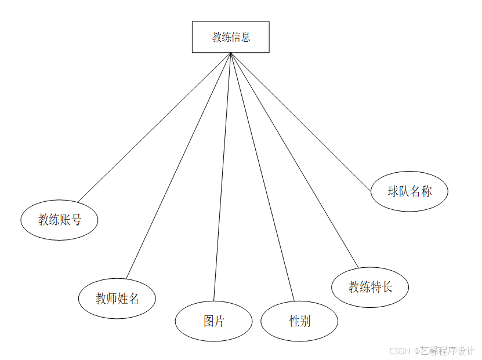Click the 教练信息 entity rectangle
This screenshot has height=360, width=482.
230,37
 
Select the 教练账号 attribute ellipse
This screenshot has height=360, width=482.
59,220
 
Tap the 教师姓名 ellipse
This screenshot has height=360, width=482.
117,299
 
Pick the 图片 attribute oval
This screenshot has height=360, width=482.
213,321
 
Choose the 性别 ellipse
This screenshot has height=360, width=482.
299,321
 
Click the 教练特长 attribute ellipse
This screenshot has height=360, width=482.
370,286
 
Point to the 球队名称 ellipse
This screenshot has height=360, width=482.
409,191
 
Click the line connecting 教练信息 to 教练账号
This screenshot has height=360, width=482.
154,128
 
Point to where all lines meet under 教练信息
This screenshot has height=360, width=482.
231,53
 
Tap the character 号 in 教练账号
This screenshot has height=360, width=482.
75,220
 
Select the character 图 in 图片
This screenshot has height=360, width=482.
209,321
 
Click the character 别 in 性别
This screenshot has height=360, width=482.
305,321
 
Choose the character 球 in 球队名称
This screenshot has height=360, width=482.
393,191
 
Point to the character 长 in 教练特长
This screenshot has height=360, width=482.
387,286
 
